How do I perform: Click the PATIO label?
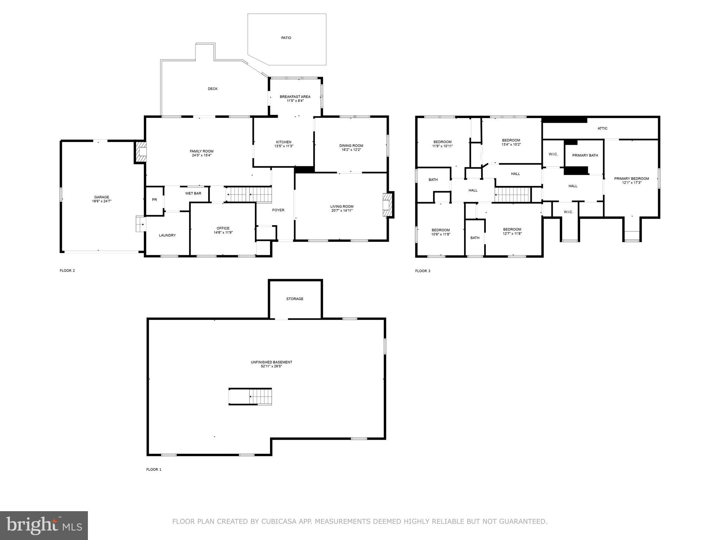(x=286, y=38)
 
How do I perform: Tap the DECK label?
(x=212, y=89)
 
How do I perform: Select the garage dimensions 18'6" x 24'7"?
(x=102, y=201)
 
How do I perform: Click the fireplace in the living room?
(x=387, y=204)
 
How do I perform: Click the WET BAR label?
(x=193, y=193)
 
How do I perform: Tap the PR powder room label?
(x=154, y=200)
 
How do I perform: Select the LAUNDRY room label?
(x=167, y=236)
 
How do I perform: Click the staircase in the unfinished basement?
(x=251, y=397)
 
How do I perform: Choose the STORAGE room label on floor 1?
(x=295, y=299)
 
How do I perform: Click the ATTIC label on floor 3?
(x=602, y=129)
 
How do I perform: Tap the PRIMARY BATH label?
(x=585, y=155)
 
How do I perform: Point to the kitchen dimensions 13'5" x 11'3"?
(x=284, y=146)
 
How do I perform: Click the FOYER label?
(x=278, y=210)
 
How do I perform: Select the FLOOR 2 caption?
(x=67, y=271)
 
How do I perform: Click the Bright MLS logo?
(x=44, y=525)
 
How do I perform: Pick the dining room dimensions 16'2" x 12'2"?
(x=351, y=150)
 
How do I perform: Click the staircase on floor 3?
(x=512, y=195)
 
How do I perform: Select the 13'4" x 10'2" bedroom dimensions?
(x=511, y=144)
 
